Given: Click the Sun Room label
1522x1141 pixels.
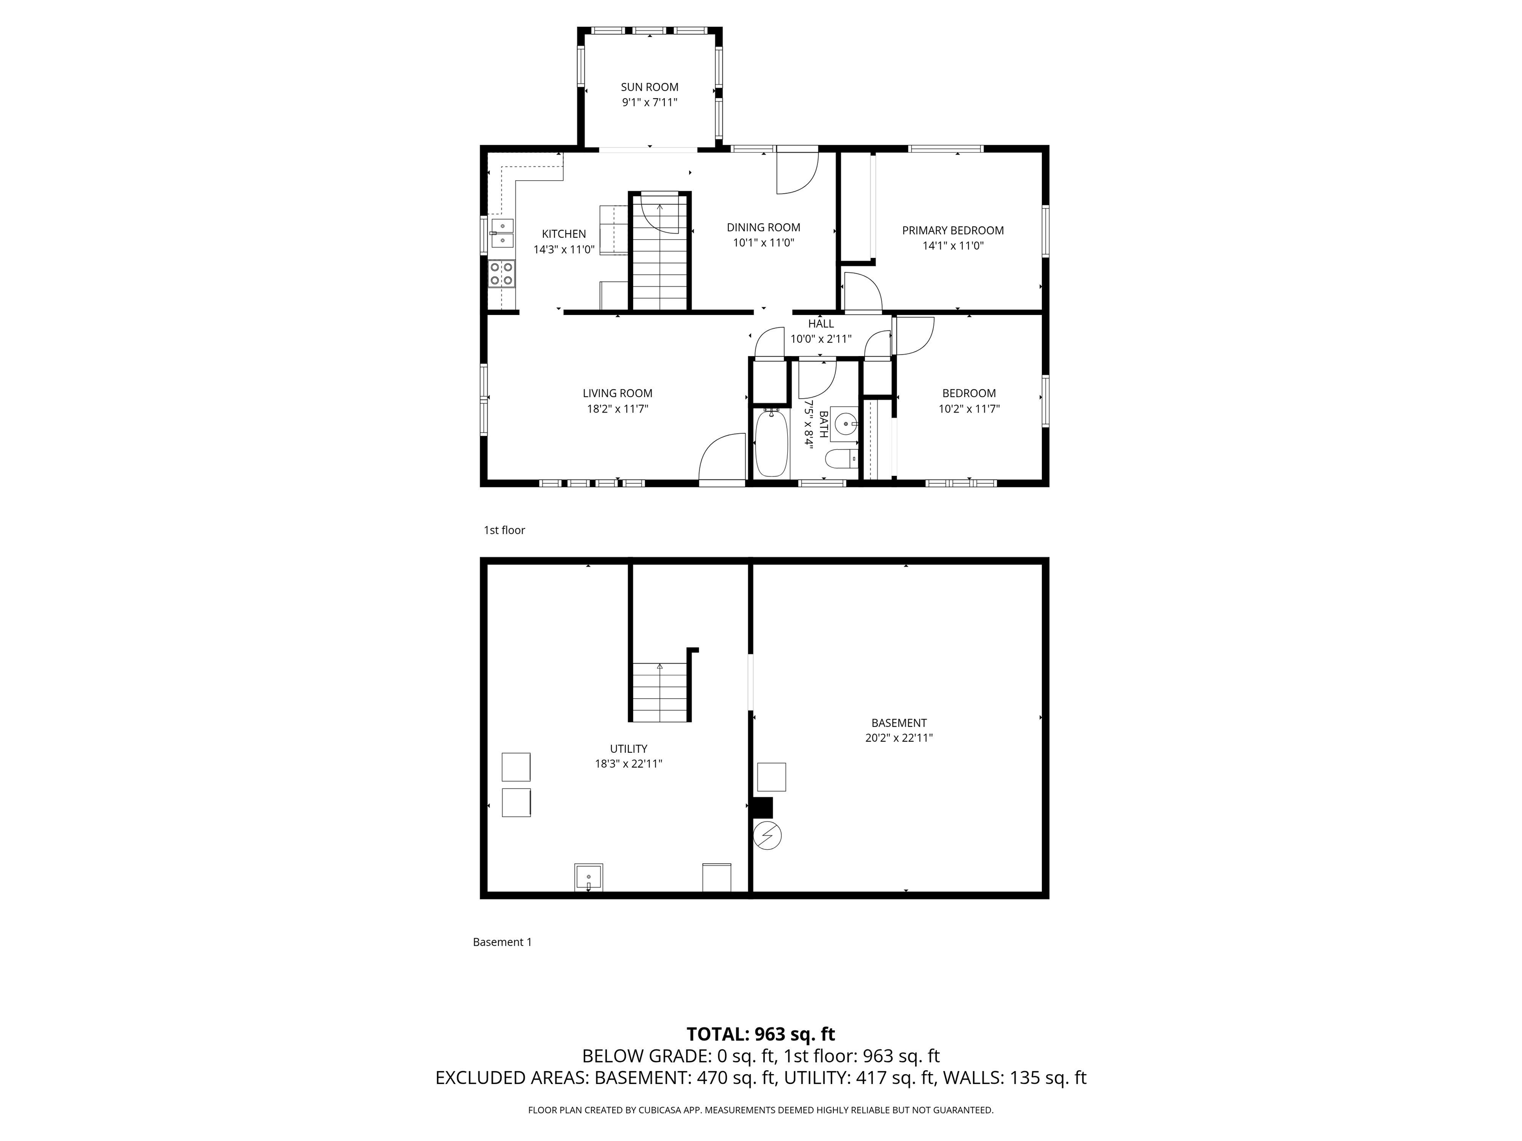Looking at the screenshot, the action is click(x=650, y=87).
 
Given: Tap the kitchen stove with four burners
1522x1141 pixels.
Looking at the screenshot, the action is click(x=501, y=274).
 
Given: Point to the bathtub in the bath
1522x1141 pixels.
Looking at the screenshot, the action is click(x=771, y=442).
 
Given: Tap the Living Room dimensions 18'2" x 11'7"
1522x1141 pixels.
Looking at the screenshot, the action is click(x=617, y=409).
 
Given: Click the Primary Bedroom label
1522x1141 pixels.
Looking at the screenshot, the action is click(x=953, y=230).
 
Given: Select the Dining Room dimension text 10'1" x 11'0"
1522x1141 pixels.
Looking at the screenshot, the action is click(x=764, y=243).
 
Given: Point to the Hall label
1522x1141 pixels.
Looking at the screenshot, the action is click(x=821, y=324).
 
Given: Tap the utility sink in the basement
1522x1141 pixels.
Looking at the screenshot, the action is click(x=589, y=878).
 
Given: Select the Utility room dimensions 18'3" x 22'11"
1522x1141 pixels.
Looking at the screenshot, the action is click(x=629, y=764).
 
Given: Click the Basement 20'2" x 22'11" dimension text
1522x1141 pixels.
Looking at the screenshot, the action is click(x=899, y=738).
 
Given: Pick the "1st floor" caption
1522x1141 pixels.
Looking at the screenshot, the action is click(x=504, y=530).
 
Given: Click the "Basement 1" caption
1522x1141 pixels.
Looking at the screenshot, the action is click(x=502, y=942).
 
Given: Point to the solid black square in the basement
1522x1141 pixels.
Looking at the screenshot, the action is click(x=763, y=807).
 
